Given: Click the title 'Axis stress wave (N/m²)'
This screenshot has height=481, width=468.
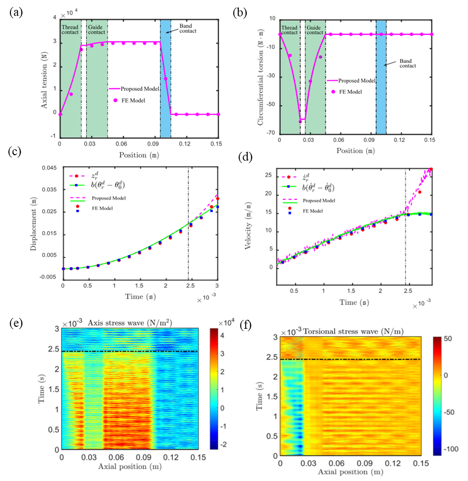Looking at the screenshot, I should pos(131,322).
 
